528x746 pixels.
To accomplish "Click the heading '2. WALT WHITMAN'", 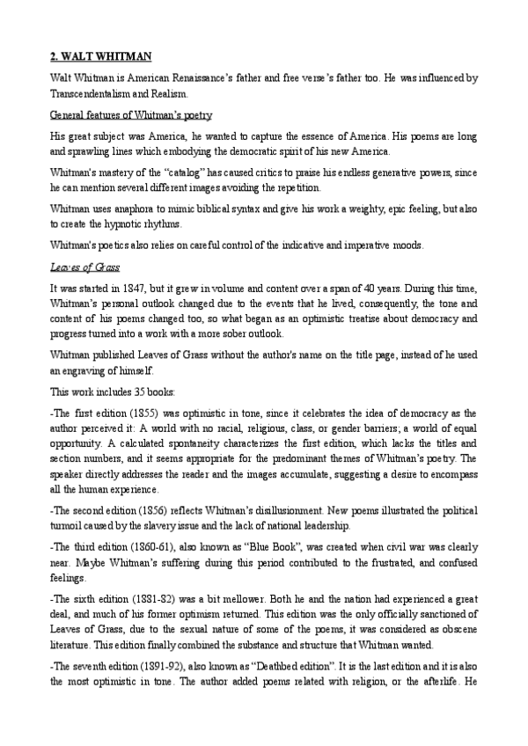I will pyautogui.click(x=100, y=56).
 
